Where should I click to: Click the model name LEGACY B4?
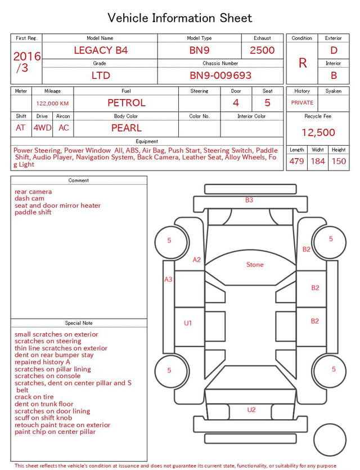(101, 50)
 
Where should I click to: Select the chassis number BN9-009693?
(220, 75)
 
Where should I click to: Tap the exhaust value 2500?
(262, 50)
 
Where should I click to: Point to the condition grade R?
(303, 63)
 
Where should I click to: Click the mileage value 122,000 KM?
(52, 104)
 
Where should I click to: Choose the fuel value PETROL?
(127, 103)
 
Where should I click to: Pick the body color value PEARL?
(127, 128)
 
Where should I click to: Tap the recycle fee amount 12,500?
(318, 132)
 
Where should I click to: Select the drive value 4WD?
(42, 128)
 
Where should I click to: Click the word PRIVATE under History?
(302, 102)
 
